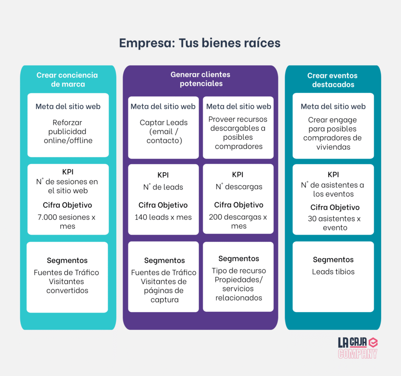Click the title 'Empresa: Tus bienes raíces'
point(200,43)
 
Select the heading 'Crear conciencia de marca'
point(67,80)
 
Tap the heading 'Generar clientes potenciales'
point(200,79)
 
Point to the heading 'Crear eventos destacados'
point(332,80)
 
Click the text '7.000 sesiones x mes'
point(67,221)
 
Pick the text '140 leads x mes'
point(163,217)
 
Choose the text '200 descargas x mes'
point(238,221)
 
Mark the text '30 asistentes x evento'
point(334,223)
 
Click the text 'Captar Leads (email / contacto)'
point(163,131)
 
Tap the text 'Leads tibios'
point(333,271)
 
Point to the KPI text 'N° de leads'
point(163,187)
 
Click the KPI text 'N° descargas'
point(239,187)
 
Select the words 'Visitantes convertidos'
point(67,286)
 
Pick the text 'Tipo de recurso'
point(238,271)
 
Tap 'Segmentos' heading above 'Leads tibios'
point(333,260)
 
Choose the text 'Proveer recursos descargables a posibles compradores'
point(238,132)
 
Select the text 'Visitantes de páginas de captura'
point(164,291)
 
